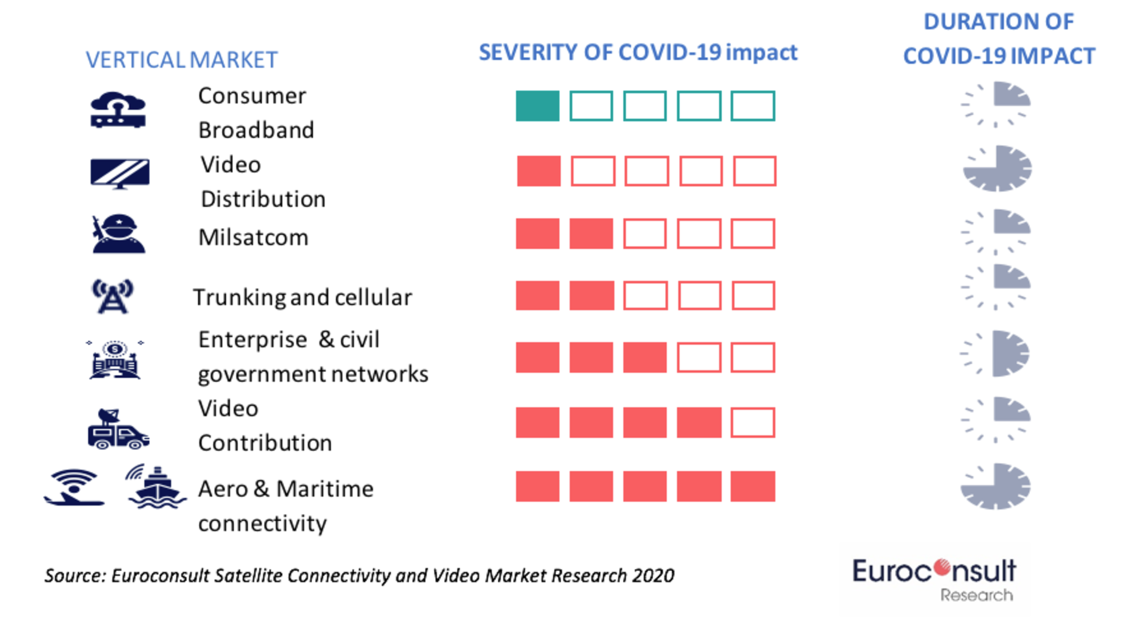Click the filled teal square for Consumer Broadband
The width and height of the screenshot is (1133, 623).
[537, 106]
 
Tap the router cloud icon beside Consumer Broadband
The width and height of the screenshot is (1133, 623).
[118, 110]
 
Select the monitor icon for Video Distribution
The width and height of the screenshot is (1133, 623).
[119, 173]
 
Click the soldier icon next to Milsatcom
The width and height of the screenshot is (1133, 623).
[118, 234]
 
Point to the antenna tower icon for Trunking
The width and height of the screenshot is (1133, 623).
[112, 296]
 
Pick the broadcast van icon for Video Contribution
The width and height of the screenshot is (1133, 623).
[118, 430]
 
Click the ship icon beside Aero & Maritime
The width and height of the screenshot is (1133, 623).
[156, 488]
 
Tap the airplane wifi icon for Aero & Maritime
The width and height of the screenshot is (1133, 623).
[74, 488]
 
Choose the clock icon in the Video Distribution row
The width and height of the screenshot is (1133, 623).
[997, 169]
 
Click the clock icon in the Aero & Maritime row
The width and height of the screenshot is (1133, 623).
[995, 486]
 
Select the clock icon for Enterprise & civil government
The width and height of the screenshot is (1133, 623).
[996, 354]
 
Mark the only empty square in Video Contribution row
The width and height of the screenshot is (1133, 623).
[752, 423]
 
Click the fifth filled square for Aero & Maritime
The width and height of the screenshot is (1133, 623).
[752, 486]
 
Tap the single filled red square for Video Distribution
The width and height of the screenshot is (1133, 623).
[539, 171]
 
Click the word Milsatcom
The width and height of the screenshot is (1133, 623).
[253, 238]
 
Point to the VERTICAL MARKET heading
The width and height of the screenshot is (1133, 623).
[181, 60]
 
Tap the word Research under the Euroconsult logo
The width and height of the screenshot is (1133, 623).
[976, 595]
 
